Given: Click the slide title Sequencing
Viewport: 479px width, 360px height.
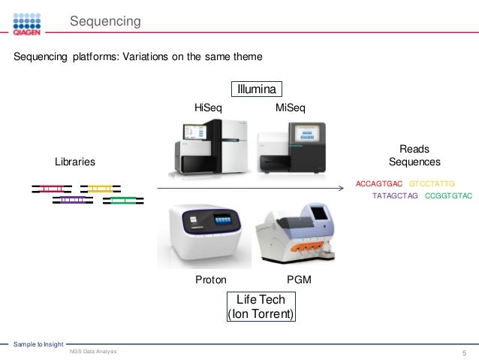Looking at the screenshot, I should tap(105, 22).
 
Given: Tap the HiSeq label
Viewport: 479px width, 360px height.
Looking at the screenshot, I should tap(208, 109).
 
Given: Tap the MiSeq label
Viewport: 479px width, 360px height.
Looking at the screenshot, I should tap(291, 109).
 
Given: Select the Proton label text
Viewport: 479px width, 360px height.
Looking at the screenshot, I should tap(210, 280).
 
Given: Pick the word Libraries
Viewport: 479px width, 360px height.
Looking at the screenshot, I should tap(75, 162).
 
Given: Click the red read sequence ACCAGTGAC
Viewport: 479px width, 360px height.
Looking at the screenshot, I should tap(380, 183).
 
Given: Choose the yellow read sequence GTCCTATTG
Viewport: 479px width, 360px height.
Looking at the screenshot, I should tap(432, 183).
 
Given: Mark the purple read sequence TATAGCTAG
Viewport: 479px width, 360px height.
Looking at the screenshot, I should tap(396, 196).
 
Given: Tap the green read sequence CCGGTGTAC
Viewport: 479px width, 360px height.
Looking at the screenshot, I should tap(448, 196).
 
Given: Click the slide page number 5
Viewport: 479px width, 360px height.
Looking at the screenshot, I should tap(465, 352).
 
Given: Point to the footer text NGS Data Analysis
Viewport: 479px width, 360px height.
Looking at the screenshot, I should tap(92, 351).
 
